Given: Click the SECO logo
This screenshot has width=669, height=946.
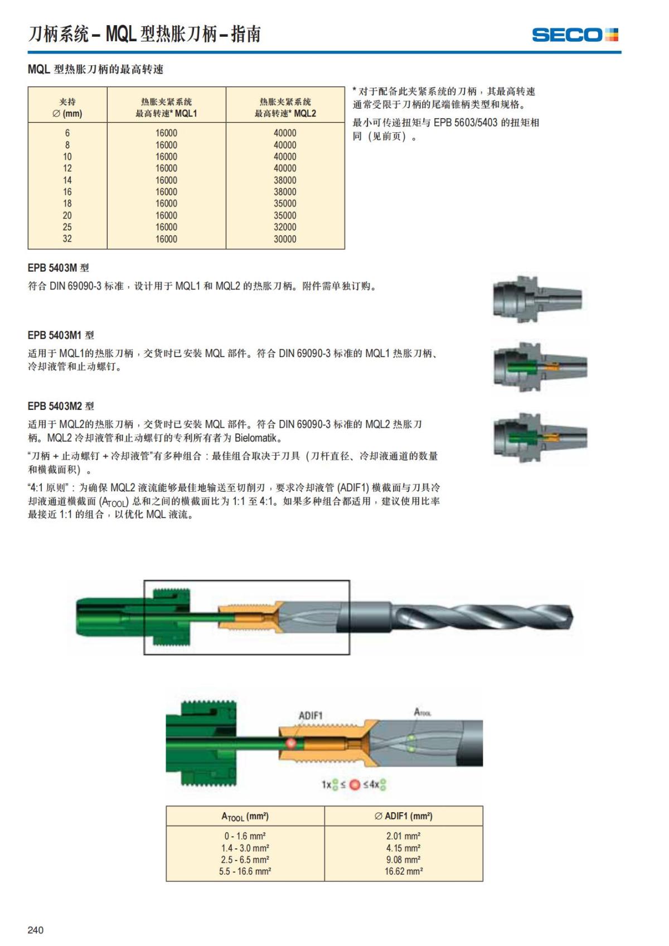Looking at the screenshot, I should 575,35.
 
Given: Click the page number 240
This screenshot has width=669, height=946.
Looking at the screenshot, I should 36,930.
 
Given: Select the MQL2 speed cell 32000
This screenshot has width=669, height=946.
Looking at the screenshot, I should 285,227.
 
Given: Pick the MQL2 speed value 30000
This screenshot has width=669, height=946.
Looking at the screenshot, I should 285,239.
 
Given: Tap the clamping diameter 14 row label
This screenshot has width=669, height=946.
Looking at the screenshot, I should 67,180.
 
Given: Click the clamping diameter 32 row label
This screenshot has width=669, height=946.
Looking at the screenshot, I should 67,239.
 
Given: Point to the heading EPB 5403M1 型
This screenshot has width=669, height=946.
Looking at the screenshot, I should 61,335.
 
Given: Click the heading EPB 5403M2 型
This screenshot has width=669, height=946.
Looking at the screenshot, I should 61,406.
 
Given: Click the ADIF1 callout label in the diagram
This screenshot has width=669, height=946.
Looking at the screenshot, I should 311,716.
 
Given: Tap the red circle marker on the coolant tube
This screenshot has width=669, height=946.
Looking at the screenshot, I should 291,743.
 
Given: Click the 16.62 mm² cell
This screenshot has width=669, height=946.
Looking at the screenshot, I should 403,871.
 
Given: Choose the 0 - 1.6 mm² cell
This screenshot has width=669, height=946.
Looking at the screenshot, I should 245,836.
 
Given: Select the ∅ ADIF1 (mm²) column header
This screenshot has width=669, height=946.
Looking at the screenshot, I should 403,816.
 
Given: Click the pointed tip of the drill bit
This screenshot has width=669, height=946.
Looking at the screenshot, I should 571,617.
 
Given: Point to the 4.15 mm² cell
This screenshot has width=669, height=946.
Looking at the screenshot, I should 403,848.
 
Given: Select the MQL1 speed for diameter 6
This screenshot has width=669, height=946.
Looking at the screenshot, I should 166,133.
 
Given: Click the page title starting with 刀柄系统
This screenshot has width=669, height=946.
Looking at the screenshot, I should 144,35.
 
